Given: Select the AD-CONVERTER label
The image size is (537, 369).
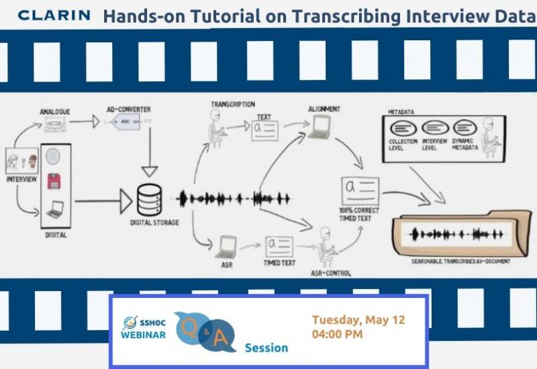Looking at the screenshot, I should (129, 109).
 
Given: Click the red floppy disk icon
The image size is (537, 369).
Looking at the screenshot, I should (54, 182).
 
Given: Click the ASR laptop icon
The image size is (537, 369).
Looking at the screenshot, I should (225, 246).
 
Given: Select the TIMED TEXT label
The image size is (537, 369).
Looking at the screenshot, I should (279, 263).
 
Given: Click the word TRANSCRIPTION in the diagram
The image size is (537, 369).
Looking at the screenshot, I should (232, 104).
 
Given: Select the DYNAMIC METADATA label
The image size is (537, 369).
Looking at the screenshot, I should (465, 144).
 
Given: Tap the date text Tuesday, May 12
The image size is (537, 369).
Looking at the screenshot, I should (358, 319).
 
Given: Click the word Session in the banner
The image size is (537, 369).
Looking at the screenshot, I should (266, 348).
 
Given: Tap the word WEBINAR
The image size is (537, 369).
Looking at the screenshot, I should (144, 335).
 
